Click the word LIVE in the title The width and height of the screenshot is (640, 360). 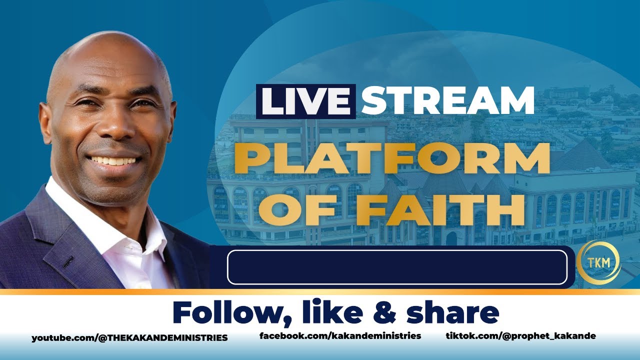[305, 101]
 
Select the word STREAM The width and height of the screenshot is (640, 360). [447, 101]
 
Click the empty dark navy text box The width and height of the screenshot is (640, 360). [397, 267]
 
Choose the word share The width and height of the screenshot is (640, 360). [453, 313]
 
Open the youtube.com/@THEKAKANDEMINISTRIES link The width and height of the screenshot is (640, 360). [129, 338]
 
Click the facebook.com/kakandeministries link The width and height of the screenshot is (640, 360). [340, 336]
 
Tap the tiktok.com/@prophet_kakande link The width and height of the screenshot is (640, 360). [520, 336]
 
